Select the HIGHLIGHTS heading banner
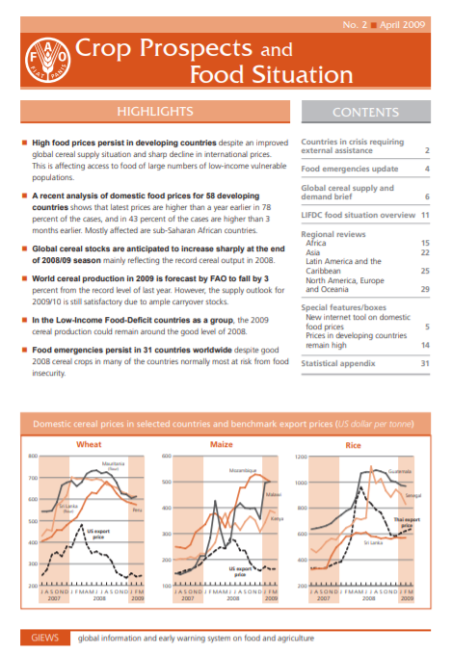[x=154, y=112]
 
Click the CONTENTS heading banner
[x=365, y=113]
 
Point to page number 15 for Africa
[x=423, y=243]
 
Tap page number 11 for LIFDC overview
[x=423, y=215]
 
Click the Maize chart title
[x=224, y=445]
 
